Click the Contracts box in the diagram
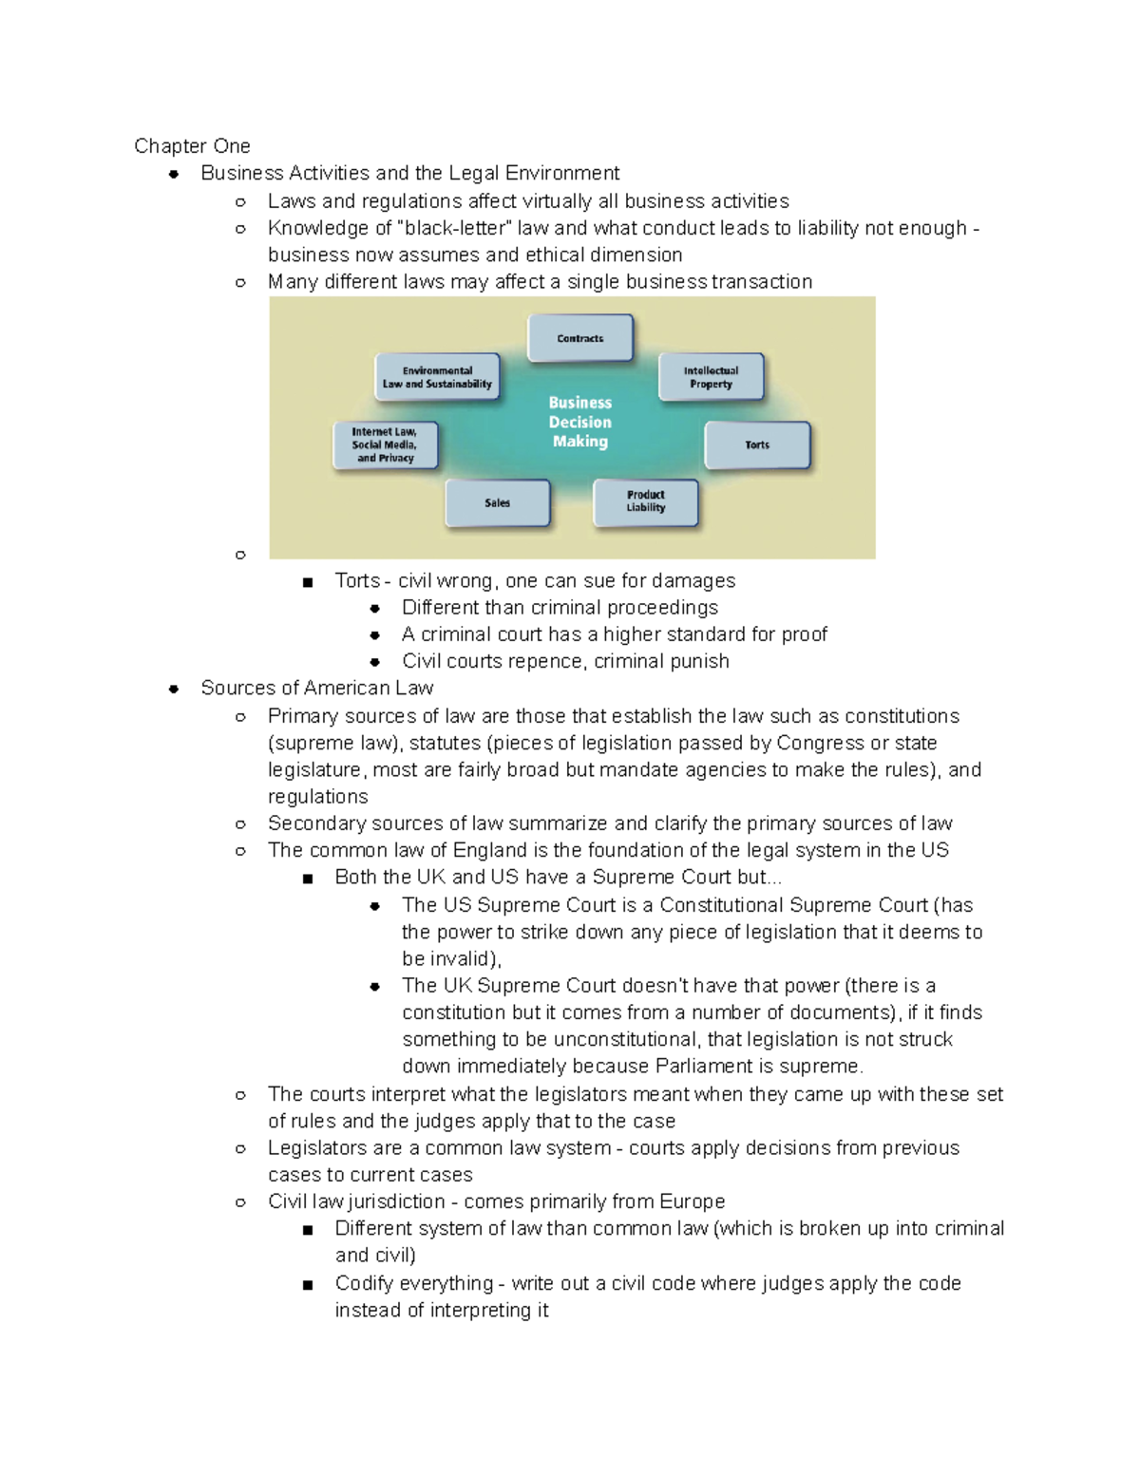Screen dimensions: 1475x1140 click(580, 338)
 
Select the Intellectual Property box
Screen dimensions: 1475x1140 click(711, 377)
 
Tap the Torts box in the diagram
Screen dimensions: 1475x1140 click(757, 444)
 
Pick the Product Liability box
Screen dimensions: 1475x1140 click(646, 501)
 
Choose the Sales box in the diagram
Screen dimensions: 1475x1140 click(498, 502)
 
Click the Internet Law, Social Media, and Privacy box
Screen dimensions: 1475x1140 click(385, 444)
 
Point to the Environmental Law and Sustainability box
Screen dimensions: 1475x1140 click(437, 377)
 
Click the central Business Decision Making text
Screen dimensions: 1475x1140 click(580, 422)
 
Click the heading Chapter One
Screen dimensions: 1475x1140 click(192, 146)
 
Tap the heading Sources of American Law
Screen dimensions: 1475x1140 click(316, 688)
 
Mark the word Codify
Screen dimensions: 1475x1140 click(367, 1283)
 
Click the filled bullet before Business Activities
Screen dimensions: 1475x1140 click(174, 174)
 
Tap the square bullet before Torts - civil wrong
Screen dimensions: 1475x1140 click(307, 582)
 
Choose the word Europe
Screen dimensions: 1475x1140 click(692, 1201)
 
